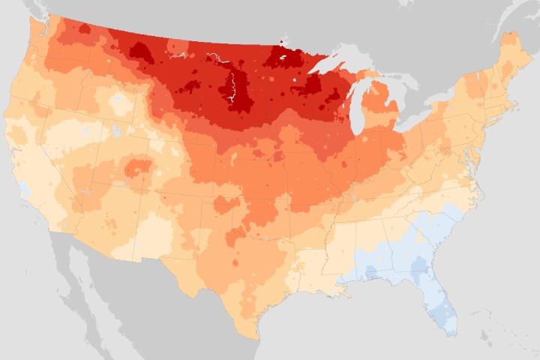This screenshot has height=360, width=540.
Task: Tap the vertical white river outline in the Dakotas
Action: (x=233, y=90)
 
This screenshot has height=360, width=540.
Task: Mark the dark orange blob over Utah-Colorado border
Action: (x=137, y=166)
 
